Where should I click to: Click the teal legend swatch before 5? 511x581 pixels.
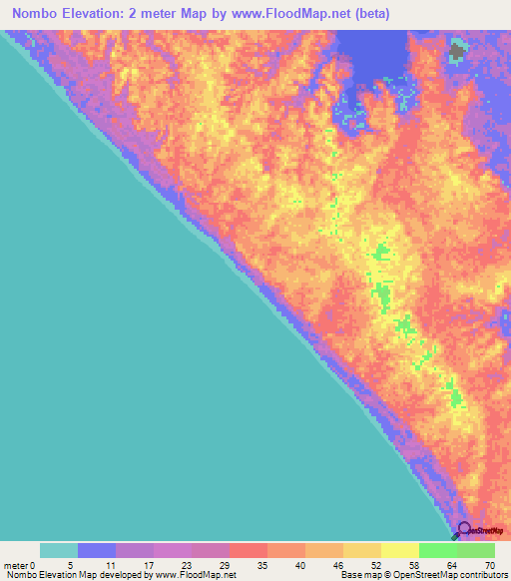(59, 550)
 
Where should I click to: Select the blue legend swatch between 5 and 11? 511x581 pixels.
(97, 550)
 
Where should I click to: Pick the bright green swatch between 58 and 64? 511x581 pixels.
(438, 550)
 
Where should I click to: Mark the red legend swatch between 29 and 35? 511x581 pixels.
(249, 550)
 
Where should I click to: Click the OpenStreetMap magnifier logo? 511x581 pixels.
(461, 530)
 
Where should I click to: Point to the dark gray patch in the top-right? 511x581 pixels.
(457, 50)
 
